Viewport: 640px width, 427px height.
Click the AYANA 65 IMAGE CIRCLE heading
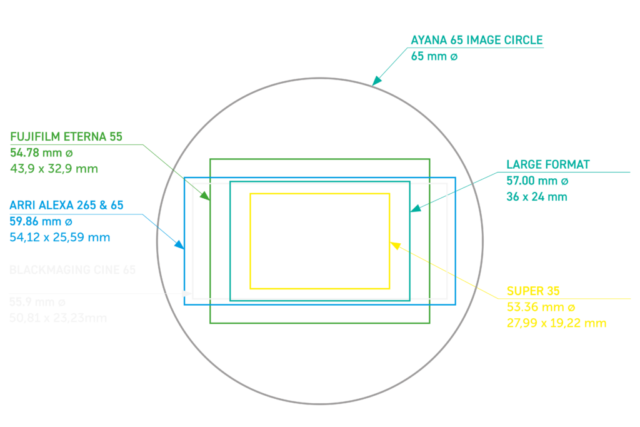coord(477,41)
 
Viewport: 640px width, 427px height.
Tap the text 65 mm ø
coord(434,56)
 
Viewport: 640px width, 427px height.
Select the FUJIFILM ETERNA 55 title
coord(67,136)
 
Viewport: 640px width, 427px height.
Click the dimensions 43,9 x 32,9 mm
coord(54,168)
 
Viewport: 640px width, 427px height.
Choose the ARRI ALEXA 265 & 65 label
coord(66,205)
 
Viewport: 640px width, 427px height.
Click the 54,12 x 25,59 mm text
coord(60,237)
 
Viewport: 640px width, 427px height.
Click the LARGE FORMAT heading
coord(548,165)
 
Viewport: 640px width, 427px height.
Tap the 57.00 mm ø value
coord(537,181)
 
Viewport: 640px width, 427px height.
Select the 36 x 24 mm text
coord(537,197)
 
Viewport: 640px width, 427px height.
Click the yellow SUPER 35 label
coord(533,291)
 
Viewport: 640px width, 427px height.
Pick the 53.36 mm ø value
coord(541,308)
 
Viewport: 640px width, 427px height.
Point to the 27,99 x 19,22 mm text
coord(556,323)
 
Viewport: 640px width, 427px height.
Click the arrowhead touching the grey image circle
coord(376,81)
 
